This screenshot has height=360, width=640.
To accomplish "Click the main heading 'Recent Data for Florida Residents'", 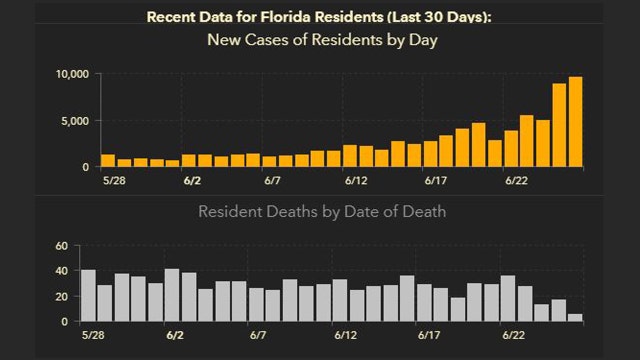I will coord(267,17).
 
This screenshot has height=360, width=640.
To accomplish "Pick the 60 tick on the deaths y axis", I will coord(60,246).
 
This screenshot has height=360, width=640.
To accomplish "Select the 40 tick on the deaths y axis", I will coord(60,271).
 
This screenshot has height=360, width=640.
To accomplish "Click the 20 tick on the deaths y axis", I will coord(60,297).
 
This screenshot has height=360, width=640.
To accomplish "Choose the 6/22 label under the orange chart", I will coord(516,181).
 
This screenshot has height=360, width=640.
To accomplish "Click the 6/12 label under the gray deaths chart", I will coord(355,334).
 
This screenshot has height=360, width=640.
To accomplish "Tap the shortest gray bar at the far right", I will coord(575,318).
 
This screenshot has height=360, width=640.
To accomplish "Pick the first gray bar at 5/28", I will coord(88,296).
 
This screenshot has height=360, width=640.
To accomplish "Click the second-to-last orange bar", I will coord(560,125).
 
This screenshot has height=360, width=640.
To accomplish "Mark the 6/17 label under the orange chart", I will coord(435,181).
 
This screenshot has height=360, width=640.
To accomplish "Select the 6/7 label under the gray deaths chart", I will coord(257,334).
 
